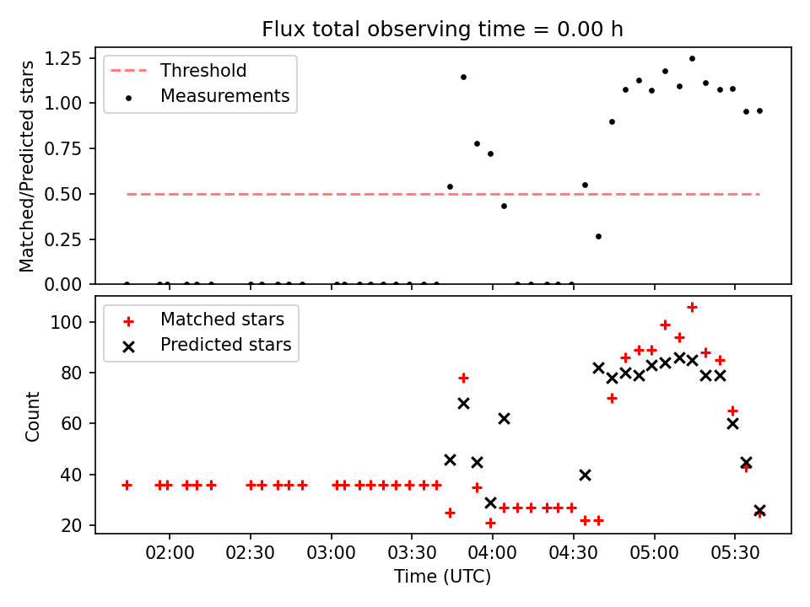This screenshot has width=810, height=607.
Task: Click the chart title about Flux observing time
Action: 442,30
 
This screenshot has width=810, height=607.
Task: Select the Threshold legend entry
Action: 203,70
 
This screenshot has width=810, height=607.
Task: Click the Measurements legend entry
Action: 224,96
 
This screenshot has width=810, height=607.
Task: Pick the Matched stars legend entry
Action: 222,320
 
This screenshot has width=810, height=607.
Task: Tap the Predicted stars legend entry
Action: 225,344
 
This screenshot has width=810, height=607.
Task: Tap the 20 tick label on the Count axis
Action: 74,525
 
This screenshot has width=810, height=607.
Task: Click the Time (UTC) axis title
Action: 442,577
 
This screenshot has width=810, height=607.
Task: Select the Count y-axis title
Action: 33,416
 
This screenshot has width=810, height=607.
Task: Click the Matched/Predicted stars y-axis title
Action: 27,166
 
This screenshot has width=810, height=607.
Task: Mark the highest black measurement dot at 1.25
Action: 692,58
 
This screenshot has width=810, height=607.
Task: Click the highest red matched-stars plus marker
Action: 692,307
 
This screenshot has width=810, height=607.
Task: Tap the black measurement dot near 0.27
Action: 598,236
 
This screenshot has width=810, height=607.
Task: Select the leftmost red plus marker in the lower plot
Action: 127,485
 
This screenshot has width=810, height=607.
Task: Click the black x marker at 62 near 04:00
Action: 504,418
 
